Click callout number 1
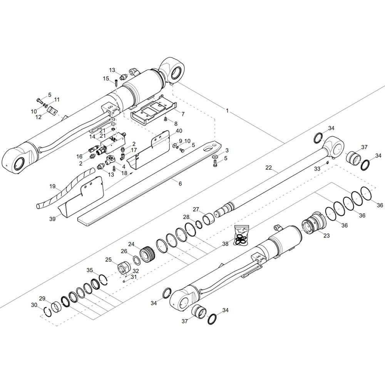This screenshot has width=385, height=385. (x=227, y=111)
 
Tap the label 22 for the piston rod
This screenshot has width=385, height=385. (x=269, y=167)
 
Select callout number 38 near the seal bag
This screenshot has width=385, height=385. (x=225, y=244)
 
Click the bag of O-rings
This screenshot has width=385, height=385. (x=242, y=235)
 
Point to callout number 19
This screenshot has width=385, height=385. (x=52, y=186)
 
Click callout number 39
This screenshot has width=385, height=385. (x=52, y=219)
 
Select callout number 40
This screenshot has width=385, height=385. (x=179, y=131)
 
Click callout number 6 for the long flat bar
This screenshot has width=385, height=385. (x=180, y=183)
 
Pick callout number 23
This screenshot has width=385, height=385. (x=326, y=236)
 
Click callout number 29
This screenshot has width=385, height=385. (x=42, y=298)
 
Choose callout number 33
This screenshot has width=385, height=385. (x=318, y=169)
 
